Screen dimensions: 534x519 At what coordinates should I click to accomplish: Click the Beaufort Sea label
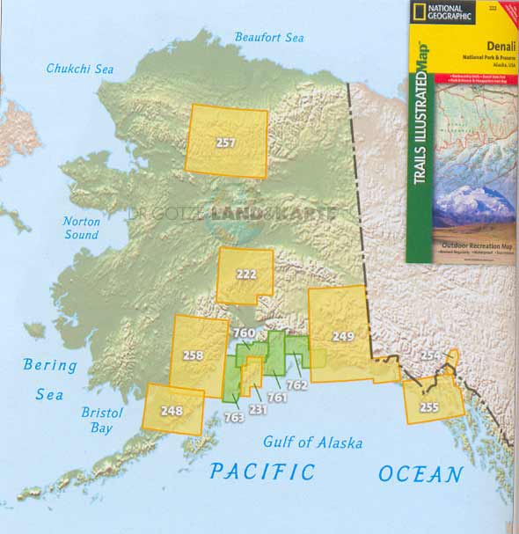coord(268,37)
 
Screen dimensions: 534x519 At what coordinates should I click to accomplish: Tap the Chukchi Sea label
coord(81,69)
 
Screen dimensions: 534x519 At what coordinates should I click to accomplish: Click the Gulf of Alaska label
coord(312,443)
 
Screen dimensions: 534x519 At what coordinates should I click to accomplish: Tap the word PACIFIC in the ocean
coord(261,472)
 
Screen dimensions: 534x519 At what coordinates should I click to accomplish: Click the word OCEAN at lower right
coord(420,475)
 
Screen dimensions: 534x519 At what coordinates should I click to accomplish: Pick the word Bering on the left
coord(50,364)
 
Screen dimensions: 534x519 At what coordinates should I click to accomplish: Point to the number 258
coord(194,356)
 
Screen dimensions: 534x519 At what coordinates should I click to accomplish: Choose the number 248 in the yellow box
coord(172,410)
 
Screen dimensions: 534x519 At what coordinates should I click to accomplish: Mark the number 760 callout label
coord(244,333)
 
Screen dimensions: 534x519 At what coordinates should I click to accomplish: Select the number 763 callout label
coord(233,417)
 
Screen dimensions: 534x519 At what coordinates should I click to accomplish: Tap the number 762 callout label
coord(296,384)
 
